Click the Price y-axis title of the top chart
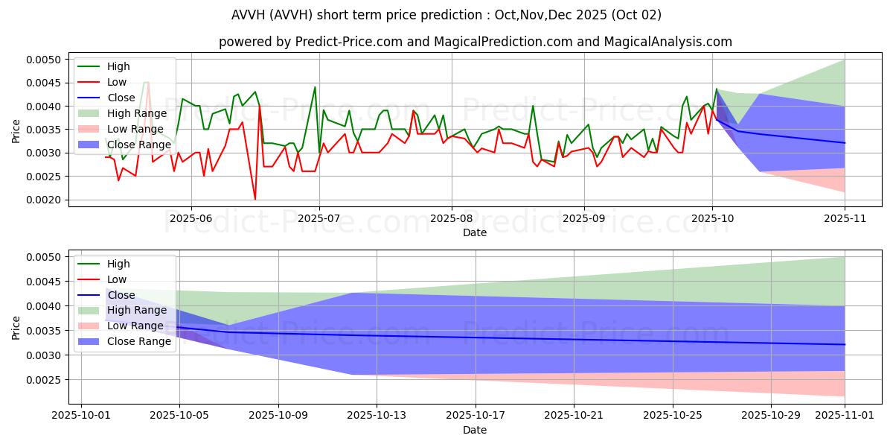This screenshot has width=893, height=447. (16, 130)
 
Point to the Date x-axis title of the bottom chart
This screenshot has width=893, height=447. (475, 430)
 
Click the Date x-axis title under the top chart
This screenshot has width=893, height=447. (475, 232)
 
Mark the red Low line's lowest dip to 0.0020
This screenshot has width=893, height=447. (255, 199)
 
